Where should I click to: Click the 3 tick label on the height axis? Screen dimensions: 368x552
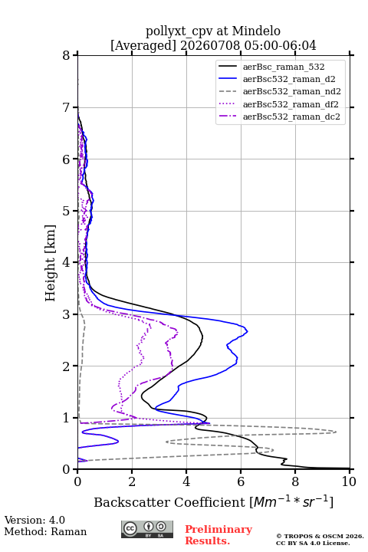[66, 314]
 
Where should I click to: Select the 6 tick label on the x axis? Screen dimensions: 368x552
[241, 481]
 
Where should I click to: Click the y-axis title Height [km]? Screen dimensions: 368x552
[51, 263]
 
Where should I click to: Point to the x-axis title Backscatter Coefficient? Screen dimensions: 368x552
[169, 502]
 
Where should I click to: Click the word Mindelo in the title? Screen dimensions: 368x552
[256, 31]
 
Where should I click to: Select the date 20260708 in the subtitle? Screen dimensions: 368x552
[210, 45]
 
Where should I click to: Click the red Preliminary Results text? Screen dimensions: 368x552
[219, 535]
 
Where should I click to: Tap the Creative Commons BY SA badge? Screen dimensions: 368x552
[147, 530]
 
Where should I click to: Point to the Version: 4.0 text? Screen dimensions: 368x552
[34, 520]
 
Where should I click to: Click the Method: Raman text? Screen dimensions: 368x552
[45, 531]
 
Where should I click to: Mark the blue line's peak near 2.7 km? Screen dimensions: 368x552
[248, 331]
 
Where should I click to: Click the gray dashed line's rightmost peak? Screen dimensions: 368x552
[336, 432]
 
